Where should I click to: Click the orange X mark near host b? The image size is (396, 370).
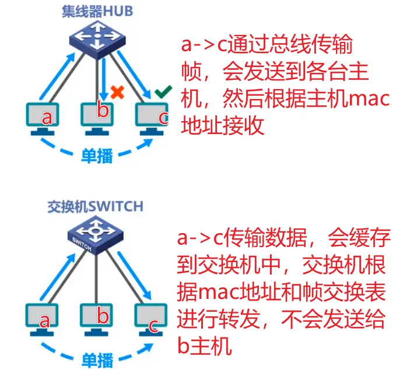[x=118, y=92]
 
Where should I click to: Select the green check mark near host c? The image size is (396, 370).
[x=163, y=91]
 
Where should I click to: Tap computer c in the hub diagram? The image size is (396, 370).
[x=153, y=117]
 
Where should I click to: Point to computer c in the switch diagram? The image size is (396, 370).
[x=151, y=319]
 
